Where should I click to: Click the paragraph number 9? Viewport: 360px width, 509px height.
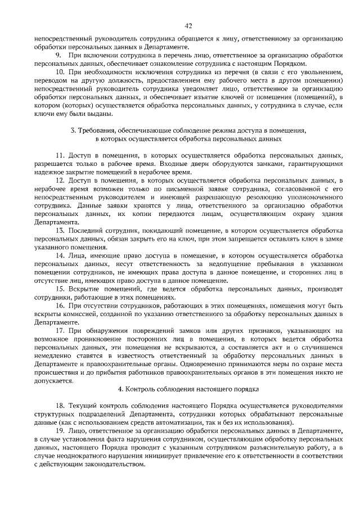click(x=57, y=57)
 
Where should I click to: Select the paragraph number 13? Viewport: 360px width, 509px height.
click(x=60, y=231)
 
